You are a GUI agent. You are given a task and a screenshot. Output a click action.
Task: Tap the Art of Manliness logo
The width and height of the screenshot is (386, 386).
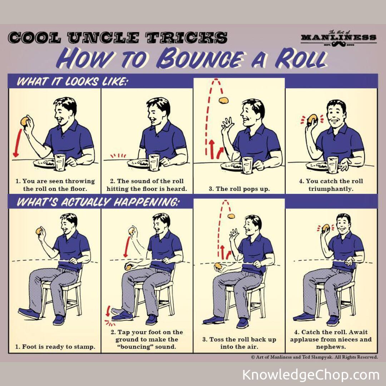(338, 38)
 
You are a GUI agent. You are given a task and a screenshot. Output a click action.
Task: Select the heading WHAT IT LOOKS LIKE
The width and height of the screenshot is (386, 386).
(72, 81)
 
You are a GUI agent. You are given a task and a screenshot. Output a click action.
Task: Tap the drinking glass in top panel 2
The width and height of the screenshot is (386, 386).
(154, 163)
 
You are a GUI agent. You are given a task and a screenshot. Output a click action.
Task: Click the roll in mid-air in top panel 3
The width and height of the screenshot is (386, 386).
(224, 100)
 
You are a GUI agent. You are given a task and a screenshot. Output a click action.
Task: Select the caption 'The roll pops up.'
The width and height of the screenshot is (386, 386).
(239, 188)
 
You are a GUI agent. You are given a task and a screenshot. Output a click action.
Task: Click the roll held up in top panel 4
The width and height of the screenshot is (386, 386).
(312, 119)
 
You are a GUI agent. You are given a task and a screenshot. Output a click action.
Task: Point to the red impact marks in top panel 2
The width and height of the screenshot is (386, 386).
(118, 156)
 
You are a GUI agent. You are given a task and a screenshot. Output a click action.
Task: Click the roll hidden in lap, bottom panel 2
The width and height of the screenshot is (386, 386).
(128, 267)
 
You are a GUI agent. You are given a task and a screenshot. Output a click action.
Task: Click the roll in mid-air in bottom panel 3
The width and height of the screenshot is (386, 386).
(231, 216)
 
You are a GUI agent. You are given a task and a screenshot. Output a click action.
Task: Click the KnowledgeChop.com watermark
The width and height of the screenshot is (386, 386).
(311, 375)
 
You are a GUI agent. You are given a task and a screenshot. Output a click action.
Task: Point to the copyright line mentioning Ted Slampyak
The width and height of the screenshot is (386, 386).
(314, 357)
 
